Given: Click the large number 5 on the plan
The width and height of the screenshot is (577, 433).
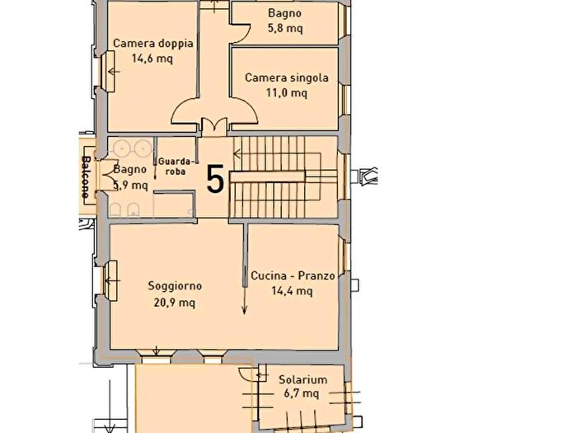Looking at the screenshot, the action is [215, 179].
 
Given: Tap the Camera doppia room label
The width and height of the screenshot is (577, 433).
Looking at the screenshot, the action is [153, 44].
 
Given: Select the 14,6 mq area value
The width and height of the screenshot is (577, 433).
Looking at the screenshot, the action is [152, 59].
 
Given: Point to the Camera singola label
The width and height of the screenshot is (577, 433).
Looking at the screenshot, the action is [287, 78].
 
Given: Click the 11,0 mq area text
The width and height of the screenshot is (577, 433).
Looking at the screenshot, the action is [287, 92].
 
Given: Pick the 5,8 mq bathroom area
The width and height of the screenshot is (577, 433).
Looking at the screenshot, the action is [285, 28].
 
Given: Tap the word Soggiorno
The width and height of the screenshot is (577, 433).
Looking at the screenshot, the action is [175, 286].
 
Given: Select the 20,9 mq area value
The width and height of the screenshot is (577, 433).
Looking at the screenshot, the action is [175, 303].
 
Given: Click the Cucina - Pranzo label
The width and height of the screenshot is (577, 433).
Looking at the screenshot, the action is [293, 275].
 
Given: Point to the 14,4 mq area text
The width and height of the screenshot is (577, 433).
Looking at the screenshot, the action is [292, 291].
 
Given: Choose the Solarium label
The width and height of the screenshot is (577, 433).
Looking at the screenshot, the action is [303, 379].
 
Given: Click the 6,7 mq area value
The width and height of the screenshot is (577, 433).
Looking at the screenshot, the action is [302, 393].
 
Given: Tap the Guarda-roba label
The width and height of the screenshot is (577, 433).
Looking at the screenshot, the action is [176, 167].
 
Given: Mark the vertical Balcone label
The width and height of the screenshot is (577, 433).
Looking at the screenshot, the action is [86, 177].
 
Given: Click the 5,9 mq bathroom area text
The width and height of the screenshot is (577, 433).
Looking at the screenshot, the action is [130, 185].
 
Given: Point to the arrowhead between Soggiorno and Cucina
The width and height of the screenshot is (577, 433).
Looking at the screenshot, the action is [244, 310].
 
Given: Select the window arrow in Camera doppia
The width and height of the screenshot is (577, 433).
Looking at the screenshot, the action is [114, 71].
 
